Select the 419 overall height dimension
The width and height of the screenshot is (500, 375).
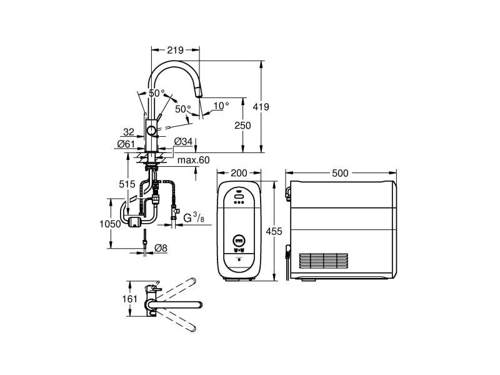point(261,107)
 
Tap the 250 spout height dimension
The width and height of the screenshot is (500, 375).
point(242,126)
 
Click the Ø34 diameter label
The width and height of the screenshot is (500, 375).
point(183,141)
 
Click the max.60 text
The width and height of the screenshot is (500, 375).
point(193,161)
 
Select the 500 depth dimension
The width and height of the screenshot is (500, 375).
point(341,172)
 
